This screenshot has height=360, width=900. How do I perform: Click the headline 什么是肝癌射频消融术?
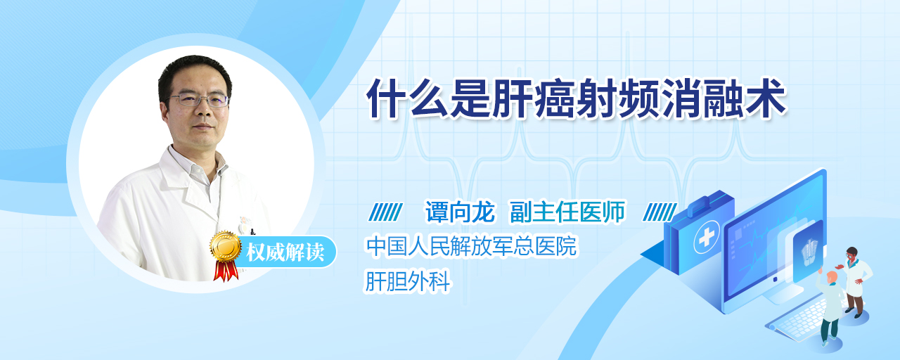click(576, 98)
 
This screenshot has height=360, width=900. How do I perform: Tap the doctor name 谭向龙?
click(460, 212)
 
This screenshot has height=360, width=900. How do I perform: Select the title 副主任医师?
click(567, 212)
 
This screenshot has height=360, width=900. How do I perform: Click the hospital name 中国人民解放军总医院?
click(471, 246)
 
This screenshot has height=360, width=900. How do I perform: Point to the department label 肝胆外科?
click(407, 281)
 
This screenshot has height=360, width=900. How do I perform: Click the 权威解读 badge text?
click(285, 252)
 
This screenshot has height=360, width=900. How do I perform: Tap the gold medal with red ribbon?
click(225, 255)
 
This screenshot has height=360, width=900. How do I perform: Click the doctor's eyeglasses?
click(198, 99)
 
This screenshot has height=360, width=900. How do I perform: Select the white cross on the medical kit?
click(707, 237)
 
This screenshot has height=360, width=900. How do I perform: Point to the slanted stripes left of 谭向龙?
click(385, 212)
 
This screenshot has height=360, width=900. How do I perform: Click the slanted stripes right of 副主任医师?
click(660, 212)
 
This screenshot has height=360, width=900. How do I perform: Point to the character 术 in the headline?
click(766, 98)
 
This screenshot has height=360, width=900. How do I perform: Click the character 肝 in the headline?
click(513, 98)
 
